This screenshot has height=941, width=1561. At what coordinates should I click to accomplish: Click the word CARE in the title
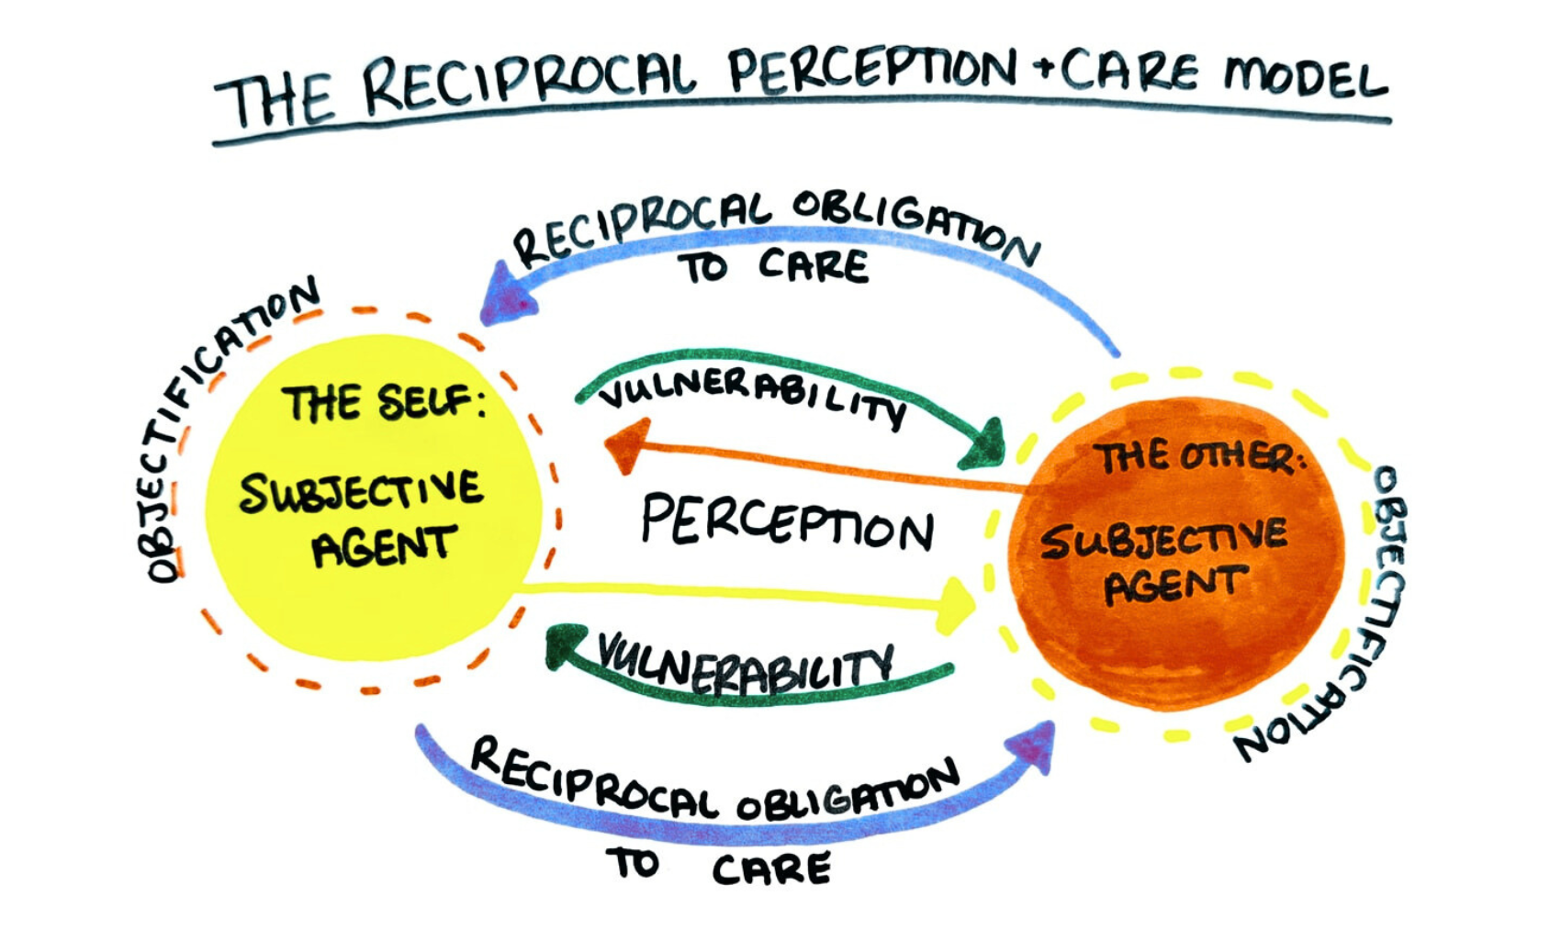click(x=1129, y=72)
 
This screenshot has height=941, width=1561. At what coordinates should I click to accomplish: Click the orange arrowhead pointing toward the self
click(x=627, y=444)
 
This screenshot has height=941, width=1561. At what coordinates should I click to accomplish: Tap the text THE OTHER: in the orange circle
click(x=1198, y=457)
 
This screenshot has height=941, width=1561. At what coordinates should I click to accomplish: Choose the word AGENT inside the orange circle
click(x=1175, y=586)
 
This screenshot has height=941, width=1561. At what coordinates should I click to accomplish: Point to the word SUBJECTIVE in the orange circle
click(x=1163, y=540)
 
